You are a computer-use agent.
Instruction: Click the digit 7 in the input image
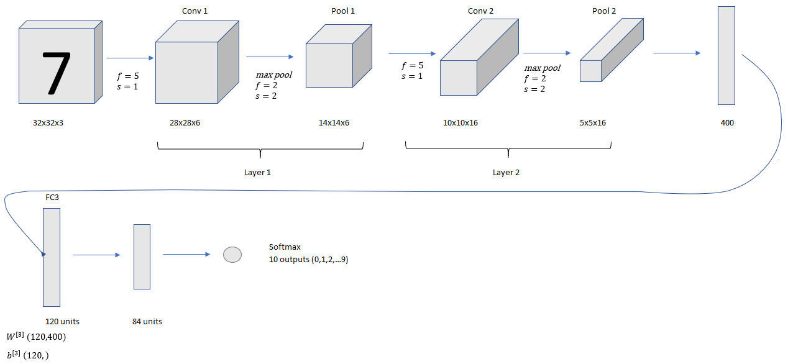coord(57,73)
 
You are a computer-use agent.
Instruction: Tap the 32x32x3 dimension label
coord(48,123)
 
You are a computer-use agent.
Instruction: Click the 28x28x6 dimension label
coord(185,123)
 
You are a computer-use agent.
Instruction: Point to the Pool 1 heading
coord(343,12)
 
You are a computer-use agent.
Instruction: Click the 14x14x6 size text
coord(334,123)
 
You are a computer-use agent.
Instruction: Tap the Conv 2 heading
coord(480,12)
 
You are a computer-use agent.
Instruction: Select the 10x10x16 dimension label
coord(460,123)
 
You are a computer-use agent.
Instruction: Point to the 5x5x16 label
coord(592,123)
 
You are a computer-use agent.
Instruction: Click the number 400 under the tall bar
coord(727,123)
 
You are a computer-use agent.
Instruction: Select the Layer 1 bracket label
coord(258,173)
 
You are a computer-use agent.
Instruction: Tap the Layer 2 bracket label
coord(506,173)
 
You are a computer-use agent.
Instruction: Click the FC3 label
coord(52,198)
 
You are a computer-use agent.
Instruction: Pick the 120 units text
coord(62,322)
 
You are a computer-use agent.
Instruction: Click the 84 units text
coord(147,322)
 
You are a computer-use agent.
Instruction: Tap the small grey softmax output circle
coord(232,255)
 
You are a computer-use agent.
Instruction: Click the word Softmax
coord(285,247)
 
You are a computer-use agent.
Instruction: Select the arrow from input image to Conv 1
coord(130,58)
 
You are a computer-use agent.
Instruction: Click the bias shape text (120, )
coord(36,355)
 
